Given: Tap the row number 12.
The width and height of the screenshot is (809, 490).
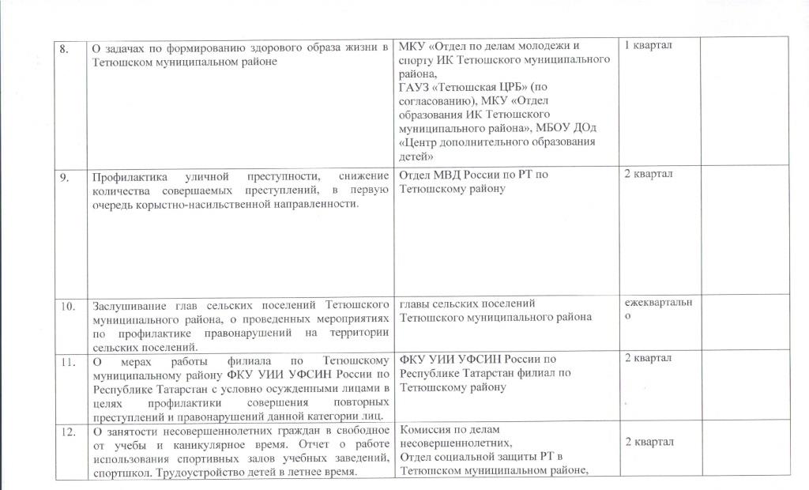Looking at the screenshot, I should [x=68, y=432].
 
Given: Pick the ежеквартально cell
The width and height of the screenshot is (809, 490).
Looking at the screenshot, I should [x=658, y=307].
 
